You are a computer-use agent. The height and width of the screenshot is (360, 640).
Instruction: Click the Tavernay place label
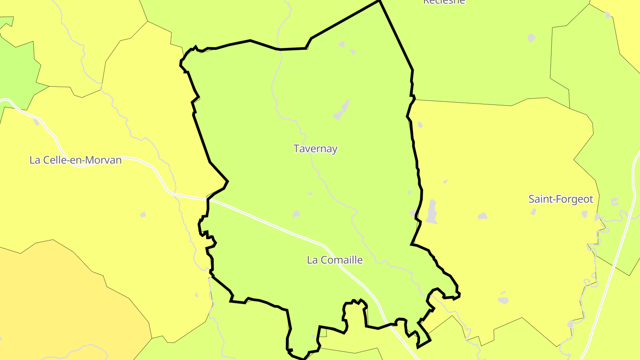pos(315,148)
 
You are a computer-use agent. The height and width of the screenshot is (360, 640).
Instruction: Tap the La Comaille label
pos(335,260)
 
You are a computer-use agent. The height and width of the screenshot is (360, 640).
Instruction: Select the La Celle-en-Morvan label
pos(75,160)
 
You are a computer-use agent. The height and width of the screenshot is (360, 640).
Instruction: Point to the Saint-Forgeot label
pos(560,199)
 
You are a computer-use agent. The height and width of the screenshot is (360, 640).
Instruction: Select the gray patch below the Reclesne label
pos(532,38)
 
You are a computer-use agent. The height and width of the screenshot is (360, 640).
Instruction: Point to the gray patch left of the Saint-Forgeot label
pos(482,216)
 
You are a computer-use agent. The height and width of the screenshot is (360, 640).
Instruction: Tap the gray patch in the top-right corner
pos(608,15)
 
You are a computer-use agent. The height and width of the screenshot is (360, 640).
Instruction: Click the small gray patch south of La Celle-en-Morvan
pos(143,215)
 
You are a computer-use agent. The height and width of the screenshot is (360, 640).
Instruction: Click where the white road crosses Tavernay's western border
pos(208,199)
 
